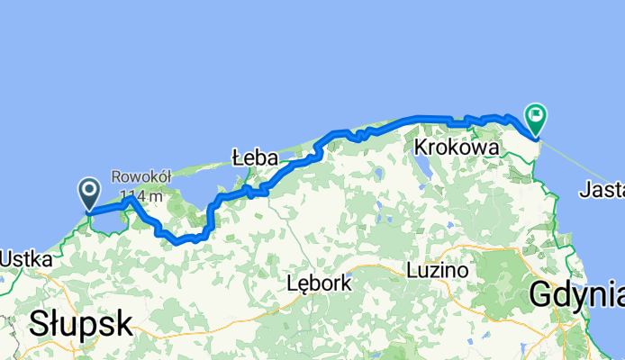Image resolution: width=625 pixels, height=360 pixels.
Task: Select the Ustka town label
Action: (25, 258)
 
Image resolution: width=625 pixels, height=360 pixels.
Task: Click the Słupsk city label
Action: (81, 323)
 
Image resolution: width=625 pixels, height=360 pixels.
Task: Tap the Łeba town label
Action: (254, 157)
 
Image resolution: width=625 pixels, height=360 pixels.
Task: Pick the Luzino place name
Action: (437, 269)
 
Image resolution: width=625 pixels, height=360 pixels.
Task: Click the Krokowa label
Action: (457, 147)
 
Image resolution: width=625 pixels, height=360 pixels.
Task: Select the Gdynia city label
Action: (576, 293)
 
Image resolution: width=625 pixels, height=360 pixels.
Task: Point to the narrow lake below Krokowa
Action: (421, 167)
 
